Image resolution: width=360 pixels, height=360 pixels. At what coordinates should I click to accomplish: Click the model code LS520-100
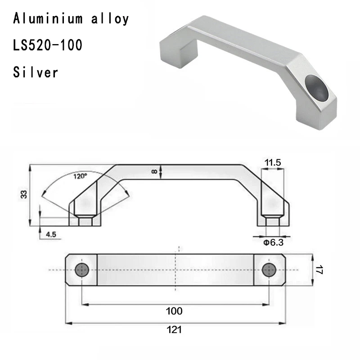click(47, 45)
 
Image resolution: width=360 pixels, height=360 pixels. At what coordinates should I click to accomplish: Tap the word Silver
click(36, 72)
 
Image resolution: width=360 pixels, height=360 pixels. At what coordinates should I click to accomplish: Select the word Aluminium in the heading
click(48, 19)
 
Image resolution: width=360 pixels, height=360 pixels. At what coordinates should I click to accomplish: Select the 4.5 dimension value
click(51, 234)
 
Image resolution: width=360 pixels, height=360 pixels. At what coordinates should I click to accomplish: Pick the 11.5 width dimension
click(273, 162)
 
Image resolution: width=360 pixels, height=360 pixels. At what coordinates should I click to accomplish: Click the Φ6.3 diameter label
click(273, 243)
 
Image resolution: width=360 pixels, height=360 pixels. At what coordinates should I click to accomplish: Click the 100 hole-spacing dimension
click(174, 311)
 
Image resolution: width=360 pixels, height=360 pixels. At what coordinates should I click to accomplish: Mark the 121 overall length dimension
click(175, 329)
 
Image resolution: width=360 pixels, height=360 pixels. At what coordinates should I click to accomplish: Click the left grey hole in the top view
click(82, 270)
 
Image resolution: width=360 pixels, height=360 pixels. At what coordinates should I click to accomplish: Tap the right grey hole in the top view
click(269, 270)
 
